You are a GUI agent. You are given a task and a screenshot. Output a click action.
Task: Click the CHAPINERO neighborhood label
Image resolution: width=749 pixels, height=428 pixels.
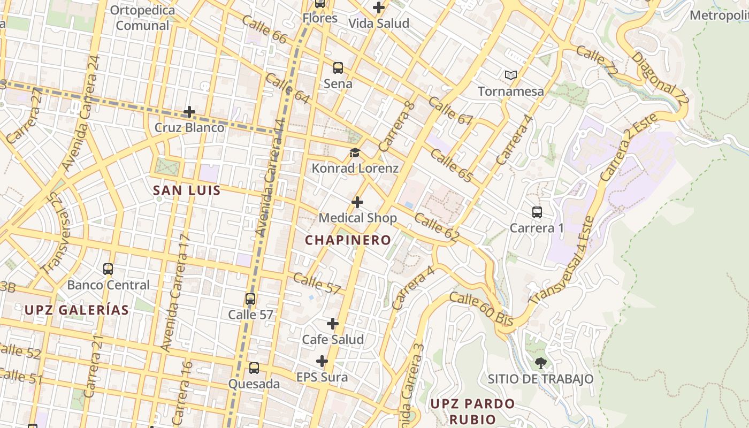coord(348,240)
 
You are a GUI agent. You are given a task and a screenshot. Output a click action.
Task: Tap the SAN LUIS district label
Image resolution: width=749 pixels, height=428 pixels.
coord(187,190)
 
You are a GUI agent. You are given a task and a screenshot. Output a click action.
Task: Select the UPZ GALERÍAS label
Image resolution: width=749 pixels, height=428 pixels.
coord(77,310)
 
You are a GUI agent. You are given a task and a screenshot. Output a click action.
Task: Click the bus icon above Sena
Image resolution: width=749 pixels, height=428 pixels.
coord(338,68)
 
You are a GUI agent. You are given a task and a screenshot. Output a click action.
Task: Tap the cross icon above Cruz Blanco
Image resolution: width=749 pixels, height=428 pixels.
coord(189,112)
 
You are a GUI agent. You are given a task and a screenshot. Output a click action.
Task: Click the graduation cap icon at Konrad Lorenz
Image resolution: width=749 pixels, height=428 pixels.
coord(355,153)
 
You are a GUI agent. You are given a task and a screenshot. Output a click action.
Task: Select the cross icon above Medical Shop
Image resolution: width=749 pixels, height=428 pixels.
coord(357,202)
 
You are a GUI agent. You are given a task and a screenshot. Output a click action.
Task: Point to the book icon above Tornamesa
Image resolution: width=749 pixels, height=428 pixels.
coord(511,75)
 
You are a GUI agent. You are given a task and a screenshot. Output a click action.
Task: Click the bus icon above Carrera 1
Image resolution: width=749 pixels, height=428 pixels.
coord(537,212)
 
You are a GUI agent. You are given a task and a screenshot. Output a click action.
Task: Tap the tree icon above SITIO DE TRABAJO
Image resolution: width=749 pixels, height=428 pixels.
coord(541,363)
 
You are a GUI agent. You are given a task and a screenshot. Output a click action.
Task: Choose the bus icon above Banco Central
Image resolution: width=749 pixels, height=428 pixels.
coord(108,269)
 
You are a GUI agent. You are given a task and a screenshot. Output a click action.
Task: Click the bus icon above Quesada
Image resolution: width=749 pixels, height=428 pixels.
coord(254,368)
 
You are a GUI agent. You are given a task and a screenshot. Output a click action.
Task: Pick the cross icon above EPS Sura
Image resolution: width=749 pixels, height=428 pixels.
coord(322,361)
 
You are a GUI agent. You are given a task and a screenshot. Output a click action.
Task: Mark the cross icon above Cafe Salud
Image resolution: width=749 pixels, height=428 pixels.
coord(333,324)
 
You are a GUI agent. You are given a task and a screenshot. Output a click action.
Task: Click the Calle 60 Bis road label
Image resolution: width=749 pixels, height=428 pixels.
coord(481,309)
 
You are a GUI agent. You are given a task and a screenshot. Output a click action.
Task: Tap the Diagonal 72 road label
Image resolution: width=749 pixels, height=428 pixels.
coord(660,78)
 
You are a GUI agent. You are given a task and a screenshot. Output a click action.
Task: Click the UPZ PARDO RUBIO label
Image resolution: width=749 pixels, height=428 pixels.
coord(472,410)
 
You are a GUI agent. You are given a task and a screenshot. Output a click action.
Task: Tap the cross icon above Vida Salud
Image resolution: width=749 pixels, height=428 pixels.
coord(379,7)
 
